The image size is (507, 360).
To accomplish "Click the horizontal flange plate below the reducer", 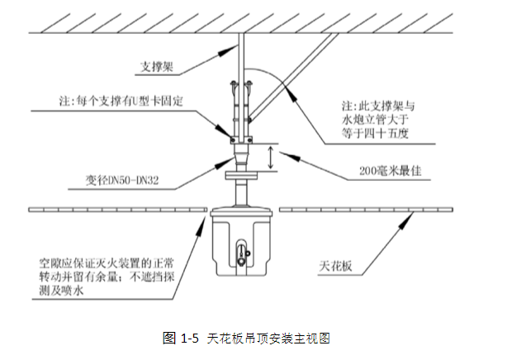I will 240,175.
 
